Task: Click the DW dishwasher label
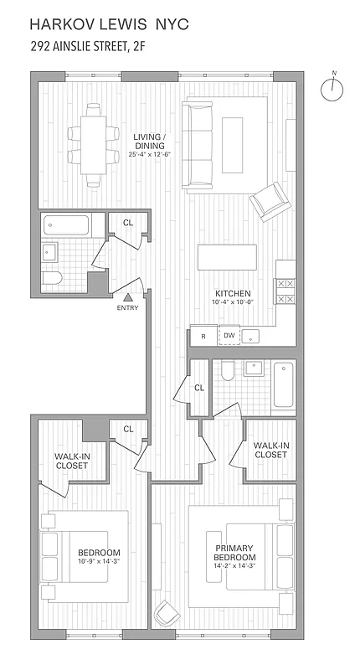click(x=229, y=336)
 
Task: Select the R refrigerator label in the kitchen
click(x=203, y=336)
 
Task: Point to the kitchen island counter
click(x=227, y=257)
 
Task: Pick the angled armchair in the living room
click(x=270, y=199)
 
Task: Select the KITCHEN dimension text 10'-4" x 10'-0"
click(x=232, y=303)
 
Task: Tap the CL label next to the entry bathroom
click(x=128, y=223)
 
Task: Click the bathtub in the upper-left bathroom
click(x=66, y=224)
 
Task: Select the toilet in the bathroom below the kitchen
click(x=226, y=374)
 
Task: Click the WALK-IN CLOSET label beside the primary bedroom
click(x=270, y=450)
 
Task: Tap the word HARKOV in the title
click(x=58, y=25)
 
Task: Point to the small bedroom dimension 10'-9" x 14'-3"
click(x=99, y=563)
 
